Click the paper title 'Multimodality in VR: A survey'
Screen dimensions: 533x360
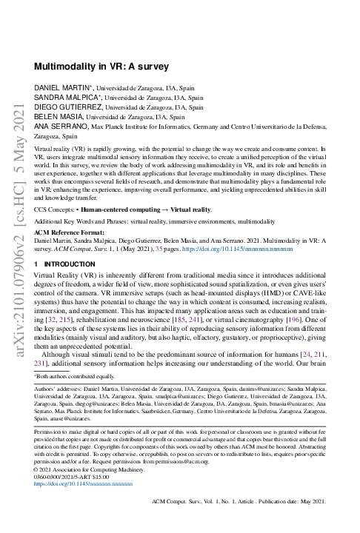(x=102, y=66)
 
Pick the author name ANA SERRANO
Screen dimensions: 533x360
(x=60, y=127)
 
